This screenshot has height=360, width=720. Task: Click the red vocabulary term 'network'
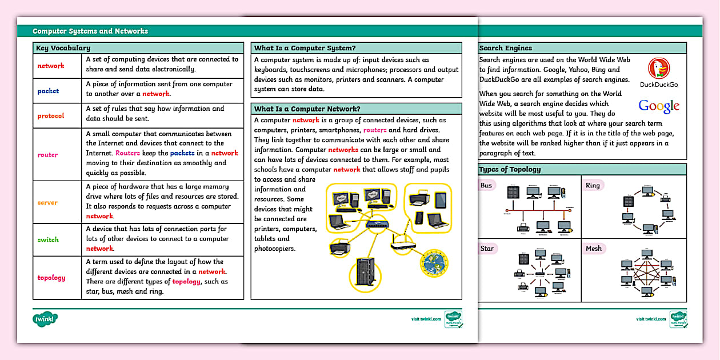pos(51,66)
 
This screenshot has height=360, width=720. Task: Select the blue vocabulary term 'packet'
pos(48,91)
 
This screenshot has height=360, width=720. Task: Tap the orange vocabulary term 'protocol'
pos(51,116)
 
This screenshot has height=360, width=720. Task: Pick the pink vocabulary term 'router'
pos(47,155)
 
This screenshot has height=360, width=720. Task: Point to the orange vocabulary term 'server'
pos(47,203)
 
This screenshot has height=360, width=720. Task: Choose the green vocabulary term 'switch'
pos(48,240)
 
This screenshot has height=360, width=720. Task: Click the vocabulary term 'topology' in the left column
pos(51,278)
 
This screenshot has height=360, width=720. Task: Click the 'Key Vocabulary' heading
pos(63,48)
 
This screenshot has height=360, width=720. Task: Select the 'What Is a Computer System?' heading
pos(305,48)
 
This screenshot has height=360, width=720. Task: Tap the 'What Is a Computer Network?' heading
pos(307,109)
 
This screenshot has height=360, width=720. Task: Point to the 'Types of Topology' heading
pos(510,169)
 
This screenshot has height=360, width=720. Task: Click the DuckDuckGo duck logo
pos(659,69)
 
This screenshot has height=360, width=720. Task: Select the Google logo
pos(659,106)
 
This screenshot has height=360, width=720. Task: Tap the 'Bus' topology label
pos(486,185)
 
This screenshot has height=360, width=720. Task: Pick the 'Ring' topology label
pos(593,185)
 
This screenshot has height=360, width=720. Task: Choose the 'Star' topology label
pos(487,249)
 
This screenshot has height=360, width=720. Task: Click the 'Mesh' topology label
pos(594,249)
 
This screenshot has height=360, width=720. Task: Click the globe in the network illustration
pos(435,263)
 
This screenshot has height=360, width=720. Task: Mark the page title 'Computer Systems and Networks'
pos(90,31)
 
